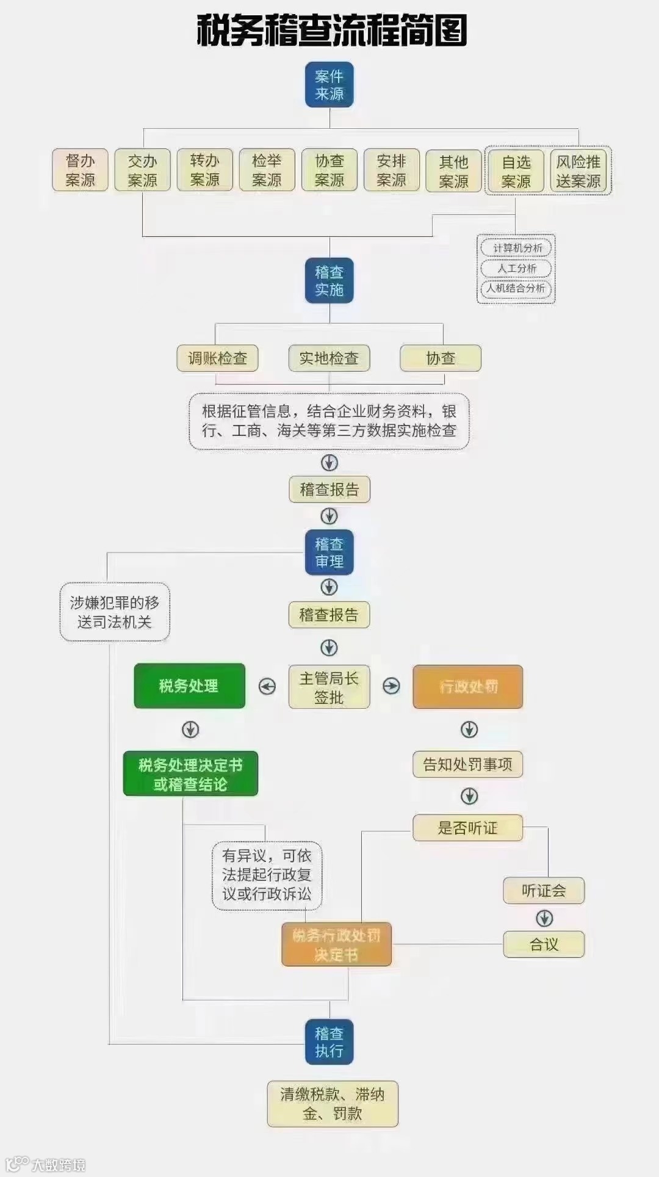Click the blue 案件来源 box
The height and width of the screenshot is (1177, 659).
(x=329, y=85)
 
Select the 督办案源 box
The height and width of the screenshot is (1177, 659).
(x=80, y=170)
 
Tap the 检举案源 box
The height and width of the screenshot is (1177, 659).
(x=267, y=170)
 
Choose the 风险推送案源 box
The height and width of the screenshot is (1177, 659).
(x=578, y=171)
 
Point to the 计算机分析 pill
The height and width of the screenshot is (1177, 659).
(x=516, y=248)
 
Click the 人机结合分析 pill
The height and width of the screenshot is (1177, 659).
(x=516, y=288)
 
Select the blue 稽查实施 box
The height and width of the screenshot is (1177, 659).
(x=329, y=281)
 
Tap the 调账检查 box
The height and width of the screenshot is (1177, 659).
(x=217, y=358)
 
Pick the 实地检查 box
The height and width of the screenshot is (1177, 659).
(x=329, y=358)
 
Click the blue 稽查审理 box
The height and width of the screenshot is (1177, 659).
(x=329, y=552)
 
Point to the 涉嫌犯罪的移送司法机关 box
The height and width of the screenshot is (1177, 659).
(x=115, y=612)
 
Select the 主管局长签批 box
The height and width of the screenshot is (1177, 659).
(x=329, y=687)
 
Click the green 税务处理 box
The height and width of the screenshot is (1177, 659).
(x=189, y=686)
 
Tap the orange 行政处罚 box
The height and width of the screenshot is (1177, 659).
(x=468, y=687)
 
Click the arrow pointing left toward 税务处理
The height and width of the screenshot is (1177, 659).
(x=267, y=687)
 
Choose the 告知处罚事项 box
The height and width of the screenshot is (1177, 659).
(x=468, y=764)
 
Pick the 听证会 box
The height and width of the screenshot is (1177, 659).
(x=544, y=891)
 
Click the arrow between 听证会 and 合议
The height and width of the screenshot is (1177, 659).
(x=544, y=918)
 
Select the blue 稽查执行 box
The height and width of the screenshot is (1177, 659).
(x=329, y=1042)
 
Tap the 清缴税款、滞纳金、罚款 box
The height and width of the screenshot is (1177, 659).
(x=333, y=1104)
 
